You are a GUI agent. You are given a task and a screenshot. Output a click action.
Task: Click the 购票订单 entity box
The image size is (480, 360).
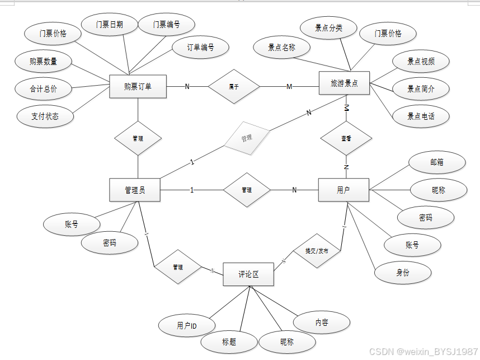(x=138, y=86)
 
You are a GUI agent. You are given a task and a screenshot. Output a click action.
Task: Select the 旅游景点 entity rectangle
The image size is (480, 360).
(x=344, y=84)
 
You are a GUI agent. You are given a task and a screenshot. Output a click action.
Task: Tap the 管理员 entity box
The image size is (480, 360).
(x=135, y=190)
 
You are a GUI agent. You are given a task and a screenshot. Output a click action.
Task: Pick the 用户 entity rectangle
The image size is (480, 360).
(x=343, y=190)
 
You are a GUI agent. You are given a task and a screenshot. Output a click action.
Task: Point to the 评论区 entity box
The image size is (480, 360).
(x=248, y=274)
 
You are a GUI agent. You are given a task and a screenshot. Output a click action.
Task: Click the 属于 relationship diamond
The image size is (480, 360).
(x=234, y=86)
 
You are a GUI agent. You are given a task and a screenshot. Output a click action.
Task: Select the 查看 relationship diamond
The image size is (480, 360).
(x=346, y=138)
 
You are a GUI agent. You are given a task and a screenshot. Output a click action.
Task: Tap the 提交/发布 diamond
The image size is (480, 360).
(x=317, y=251)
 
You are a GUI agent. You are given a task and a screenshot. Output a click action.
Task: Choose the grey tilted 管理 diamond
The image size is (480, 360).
(x=247, y=137)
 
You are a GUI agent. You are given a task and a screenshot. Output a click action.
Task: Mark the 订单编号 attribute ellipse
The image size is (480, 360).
(x=200, y=48)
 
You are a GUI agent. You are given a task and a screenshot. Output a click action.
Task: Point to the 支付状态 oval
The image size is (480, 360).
(x=45, y=116)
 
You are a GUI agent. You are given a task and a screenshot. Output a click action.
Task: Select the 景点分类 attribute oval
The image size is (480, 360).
(x=328, y=28)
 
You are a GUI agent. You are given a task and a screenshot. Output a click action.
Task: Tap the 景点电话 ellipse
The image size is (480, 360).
(x=421, y=116)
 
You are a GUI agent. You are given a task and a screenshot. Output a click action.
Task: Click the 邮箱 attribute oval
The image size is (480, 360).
(x=437, y=162)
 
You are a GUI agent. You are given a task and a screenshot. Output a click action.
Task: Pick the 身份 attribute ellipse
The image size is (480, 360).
(x=403, y=273)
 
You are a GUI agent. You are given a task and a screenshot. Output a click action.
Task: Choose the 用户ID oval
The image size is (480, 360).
(x=186, y=325)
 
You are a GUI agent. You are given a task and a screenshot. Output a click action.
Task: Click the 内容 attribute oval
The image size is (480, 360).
(x=322, y=322)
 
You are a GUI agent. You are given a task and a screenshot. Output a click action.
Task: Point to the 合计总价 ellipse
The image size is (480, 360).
(x=44, y=88)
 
